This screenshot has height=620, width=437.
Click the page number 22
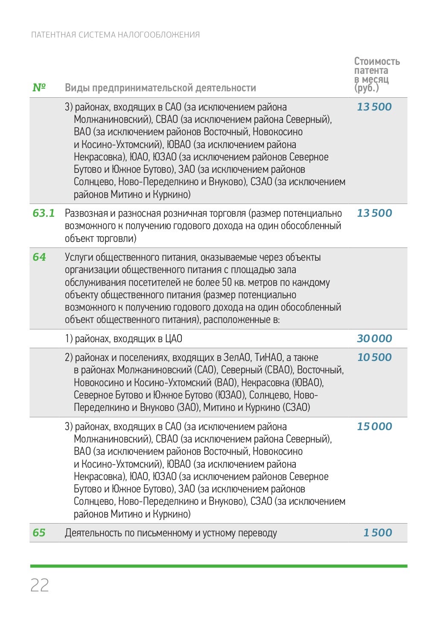40,585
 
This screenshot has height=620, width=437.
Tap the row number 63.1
44,213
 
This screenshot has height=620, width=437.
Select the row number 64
39,257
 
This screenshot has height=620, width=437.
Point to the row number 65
39,533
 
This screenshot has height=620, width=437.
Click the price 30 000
374,338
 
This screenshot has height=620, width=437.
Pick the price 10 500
374,357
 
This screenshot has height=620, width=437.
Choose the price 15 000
374,426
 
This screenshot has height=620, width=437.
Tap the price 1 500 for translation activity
377,533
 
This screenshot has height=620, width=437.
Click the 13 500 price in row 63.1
374,213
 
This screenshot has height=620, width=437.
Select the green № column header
39,87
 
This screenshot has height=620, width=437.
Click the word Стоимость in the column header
377,61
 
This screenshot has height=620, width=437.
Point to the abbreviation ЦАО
173,339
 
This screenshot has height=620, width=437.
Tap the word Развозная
84,213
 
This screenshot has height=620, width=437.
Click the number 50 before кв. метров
227,282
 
